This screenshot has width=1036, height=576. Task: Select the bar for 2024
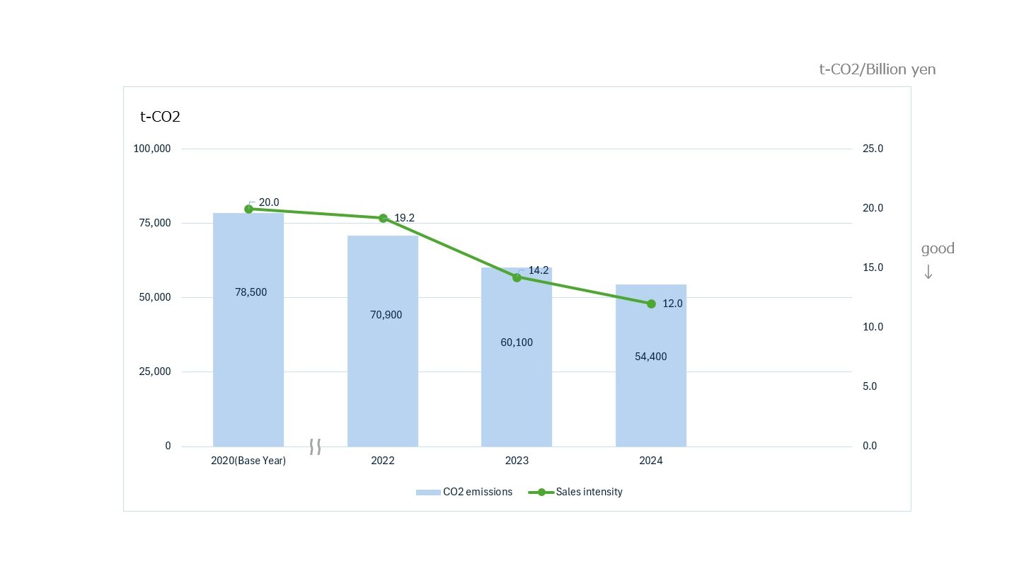(x=650, y=396)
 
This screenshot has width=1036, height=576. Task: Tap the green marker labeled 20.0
(x=248, y=209)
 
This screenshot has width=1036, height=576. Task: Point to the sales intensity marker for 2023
(x=517, y=277)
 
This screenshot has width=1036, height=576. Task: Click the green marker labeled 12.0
(x=651, y=304)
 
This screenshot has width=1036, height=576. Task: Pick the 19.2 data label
(x=404, y=218)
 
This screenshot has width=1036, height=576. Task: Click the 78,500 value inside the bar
(x=251, y=292)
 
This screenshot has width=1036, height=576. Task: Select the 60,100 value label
(x=517, y=342)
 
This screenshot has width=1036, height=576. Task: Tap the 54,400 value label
(x=650, y=357)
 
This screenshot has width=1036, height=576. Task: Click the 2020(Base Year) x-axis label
(x=248, y=461)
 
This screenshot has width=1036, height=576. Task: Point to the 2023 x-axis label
(x=517, y=461)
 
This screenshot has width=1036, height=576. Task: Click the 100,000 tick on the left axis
(x=152, y=149)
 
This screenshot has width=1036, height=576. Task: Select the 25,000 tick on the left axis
(x=155, y=371)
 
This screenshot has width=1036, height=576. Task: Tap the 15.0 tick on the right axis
(x=873, y=267)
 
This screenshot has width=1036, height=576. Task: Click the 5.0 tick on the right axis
(x=870, y=386)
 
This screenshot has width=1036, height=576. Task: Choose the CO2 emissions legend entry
(x=464, y=492)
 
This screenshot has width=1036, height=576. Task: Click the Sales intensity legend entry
(x=576, y=492)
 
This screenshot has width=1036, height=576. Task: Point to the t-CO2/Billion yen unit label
(x=877, y=69)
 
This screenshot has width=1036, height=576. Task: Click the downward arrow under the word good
(x=928, y=272)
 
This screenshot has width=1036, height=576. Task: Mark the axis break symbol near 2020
(x=316, y=447)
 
